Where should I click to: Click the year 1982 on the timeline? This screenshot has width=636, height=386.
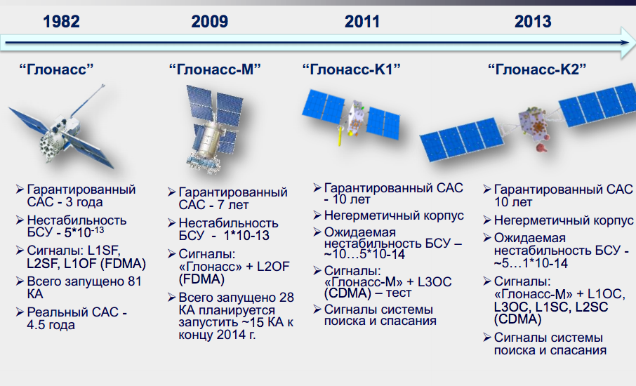point(61,22)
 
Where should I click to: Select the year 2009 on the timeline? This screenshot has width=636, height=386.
point(210,22)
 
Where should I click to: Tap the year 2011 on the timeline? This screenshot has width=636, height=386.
point(362,22)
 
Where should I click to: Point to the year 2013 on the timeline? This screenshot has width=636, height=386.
point(533,22)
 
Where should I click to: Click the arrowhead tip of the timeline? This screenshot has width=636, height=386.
point(635,43)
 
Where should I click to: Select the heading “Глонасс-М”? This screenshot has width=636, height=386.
point(215,69)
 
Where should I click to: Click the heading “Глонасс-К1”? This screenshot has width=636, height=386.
point(351,69)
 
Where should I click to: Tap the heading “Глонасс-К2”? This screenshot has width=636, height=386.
point(537,69)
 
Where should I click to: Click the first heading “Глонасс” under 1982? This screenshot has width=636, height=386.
point(56,69)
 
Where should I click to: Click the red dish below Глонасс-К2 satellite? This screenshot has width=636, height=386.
point(541,147)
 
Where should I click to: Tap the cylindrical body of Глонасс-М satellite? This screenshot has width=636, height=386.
point(210,140)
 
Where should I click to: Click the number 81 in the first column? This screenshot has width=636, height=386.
point(134,281)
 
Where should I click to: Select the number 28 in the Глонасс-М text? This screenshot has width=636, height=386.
point(286,297)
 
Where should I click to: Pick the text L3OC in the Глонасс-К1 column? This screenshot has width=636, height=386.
point(435,282)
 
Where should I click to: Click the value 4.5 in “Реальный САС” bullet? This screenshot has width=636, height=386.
point(36,325)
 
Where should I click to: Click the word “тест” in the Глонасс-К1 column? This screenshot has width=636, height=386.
point(398,293)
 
